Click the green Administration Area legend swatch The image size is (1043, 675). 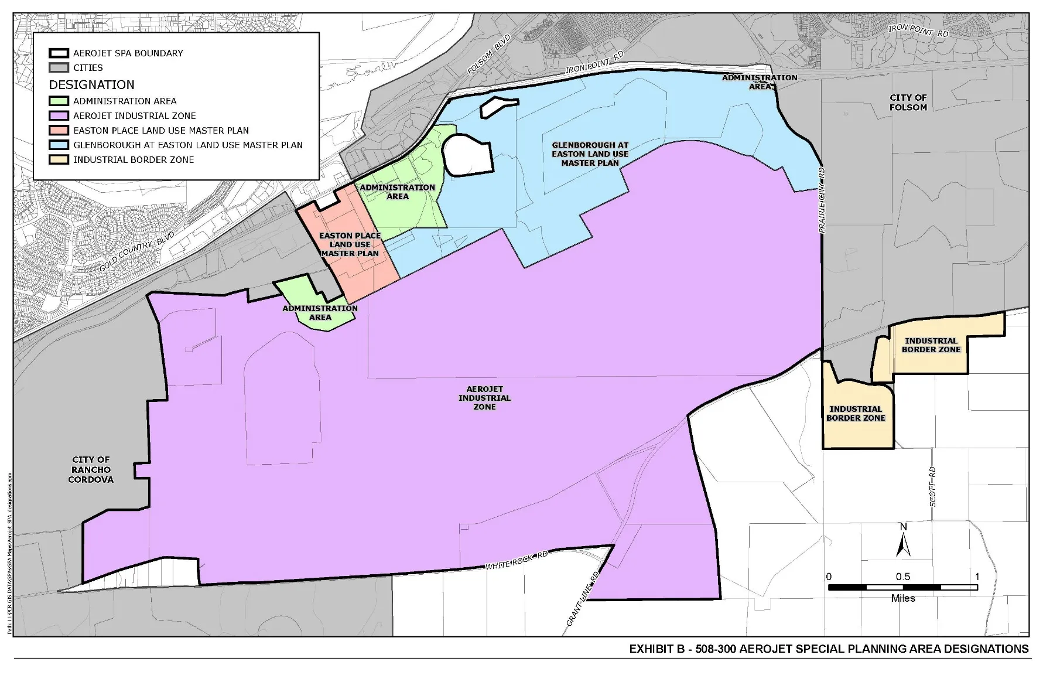(x=59, y=101)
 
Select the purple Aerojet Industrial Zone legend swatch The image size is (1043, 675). (x=59, y=116)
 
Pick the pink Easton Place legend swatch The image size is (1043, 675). (x=59, y=131)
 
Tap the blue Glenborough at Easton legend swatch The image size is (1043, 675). (x=59, y=145)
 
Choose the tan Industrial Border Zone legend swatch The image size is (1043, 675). (x=59, y=159)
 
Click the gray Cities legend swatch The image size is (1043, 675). (x=59, y=68)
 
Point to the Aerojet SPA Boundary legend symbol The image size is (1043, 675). (x=59, y=53)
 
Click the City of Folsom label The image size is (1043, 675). (x=908, y=103)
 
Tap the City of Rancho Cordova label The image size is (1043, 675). (x=91, y=469)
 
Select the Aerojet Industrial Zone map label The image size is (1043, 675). (x=485, y=398)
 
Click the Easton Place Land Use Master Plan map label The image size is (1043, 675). (x=350, y=244)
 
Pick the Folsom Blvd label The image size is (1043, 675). (x=490, y=54)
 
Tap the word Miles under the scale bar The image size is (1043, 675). (x=903, y=598)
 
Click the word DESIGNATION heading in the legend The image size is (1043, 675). (x=92, y=85)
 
